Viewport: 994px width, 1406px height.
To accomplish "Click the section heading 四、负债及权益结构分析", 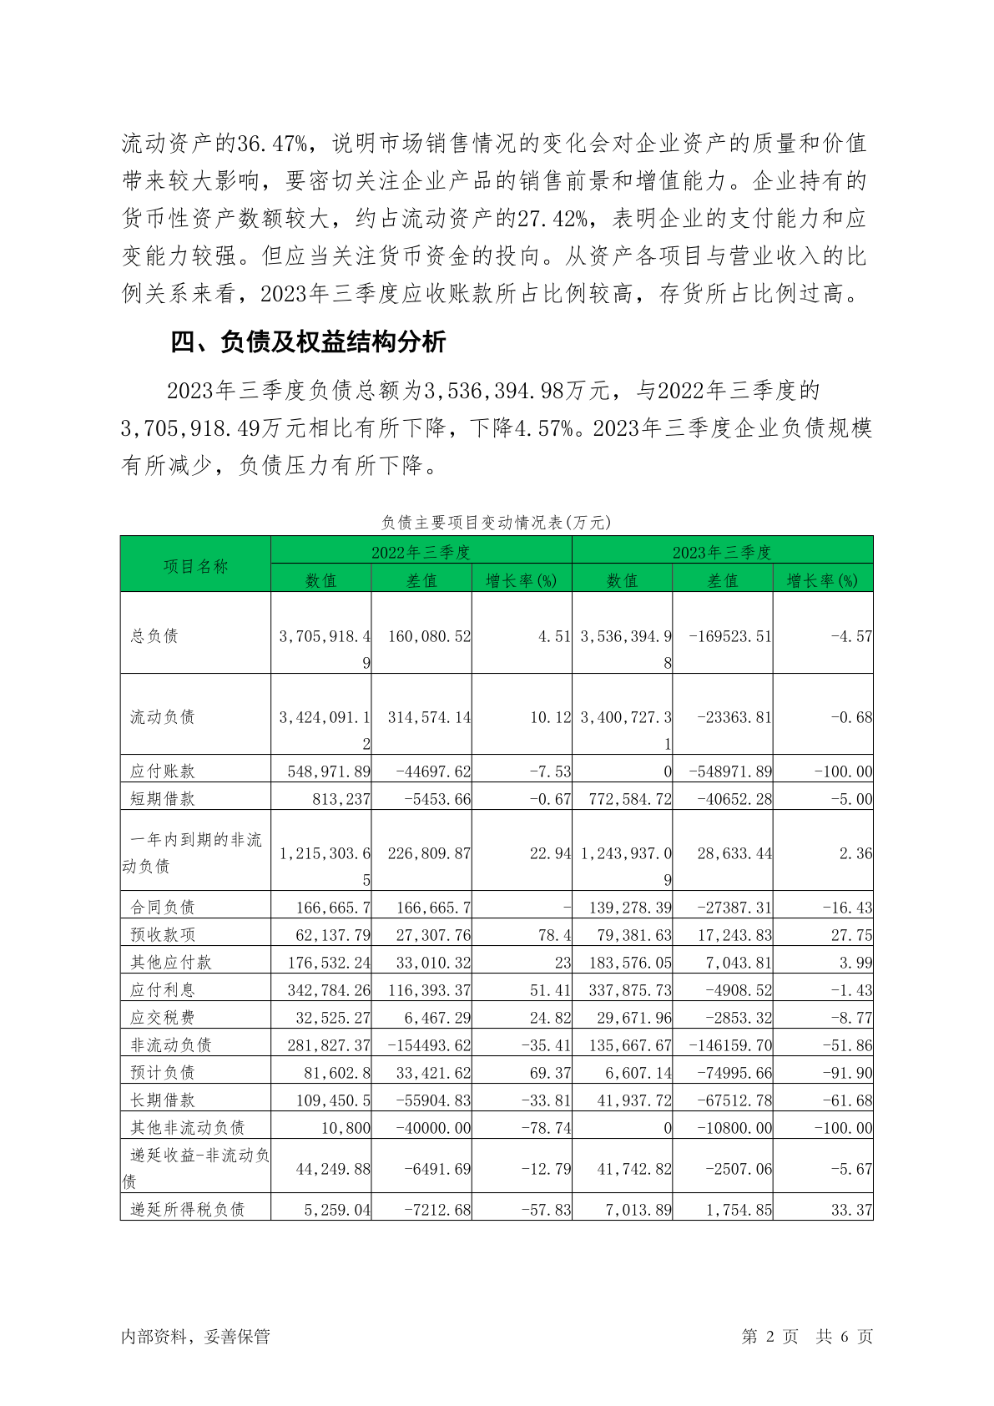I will [308, 342].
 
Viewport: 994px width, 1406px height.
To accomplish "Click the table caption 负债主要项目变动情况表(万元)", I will [497, 523].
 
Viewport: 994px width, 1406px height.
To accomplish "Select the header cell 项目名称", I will [195, 566].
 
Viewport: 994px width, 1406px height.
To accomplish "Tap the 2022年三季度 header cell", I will [421, 552].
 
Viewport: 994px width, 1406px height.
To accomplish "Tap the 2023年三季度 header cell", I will [722, 552].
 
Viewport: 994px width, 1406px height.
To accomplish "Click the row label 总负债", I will [154, 635].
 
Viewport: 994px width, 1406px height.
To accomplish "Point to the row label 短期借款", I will [163, 798].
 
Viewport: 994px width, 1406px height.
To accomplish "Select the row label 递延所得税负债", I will [188, 1208].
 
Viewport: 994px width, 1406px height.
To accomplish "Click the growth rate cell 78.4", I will [554, 934].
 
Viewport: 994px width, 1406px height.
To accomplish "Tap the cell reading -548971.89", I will [730, 771].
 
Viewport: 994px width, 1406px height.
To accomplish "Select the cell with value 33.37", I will [851, 1208].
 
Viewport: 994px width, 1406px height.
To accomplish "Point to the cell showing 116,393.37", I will [429, 989].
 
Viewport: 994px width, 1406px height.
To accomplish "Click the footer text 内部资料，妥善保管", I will [196, 1336].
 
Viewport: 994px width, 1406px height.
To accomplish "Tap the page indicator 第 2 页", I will [769, 1336].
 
